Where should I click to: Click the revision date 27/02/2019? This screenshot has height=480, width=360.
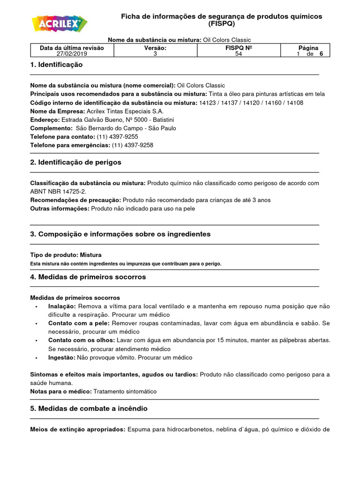coord(72,54)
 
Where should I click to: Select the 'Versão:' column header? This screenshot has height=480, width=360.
coord(155,48)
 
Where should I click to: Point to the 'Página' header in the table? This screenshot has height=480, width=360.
coord(308,48)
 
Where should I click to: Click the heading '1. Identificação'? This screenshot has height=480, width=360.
coord(56,65)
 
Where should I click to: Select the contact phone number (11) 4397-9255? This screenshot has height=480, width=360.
coord(117,136)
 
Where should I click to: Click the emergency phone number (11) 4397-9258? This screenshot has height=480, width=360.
coord(132,145)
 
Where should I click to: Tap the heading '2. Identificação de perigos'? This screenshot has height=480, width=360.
coord(75,162)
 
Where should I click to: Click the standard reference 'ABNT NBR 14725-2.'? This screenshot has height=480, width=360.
coord(59,191)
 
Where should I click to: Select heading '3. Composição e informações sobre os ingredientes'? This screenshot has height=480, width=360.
coord(120,234)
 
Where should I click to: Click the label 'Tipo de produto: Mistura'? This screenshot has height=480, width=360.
coord(66,255)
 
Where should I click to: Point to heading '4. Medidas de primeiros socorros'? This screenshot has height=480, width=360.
coord(88,277)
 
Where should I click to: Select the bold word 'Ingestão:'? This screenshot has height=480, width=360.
coord(61,357)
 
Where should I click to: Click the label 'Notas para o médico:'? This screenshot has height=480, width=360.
coord(61,391)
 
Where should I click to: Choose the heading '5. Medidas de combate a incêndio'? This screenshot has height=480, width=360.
coord(89,409)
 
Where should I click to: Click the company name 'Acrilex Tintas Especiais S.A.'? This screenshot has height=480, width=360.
coord(125,111)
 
